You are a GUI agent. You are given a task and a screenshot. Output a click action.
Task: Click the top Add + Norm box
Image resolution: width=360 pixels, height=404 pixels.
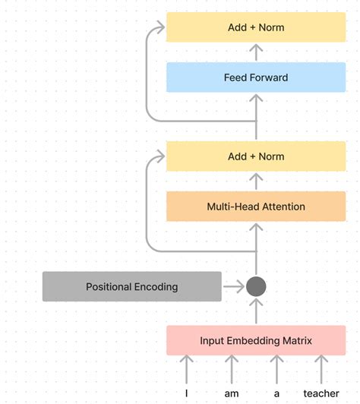point(256,27)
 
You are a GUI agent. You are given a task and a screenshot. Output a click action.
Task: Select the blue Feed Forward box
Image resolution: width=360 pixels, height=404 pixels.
point(256,77)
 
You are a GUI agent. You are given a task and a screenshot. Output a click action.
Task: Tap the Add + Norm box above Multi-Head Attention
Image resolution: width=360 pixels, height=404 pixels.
point(256,156)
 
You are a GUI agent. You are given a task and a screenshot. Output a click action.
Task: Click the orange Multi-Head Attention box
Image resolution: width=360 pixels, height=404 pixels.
point(256,207)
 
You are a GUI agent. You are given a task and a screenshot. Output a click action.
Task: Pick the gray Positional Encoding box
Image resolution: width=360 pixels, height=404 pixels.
point(131,287)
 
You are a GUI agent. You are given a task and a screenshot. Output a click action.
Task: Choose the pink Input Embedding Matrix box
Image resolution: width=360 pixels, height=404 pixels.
point(256,340)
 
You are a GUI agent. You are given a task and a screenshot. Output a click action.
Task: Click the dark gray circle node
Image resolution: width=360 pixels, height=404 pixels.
point(256,287)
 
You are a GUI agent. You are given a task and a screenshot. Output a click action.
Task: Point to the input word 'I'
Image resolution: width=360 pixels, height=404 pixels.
point(186,393)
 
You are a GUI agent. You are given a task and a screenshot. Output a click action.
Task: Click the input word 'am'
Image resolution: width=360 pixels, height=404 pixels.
point(232,393)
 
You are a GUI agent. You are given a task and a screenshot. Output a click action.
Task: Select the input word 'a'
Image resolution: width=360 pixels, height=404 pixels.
point(277,393)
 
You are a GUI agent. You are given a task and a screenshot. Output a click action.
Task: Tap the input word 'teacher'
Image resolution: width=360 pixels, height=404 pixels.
point(321,393)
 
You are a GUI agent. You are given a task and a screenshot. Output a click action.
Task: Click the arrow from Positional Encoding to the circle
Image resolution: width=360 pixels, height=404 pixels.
point(232,287)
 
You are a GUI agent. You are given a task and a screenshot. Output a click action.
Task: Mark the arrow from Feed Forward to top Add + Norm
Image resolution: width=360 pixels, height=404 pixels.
point(256,52)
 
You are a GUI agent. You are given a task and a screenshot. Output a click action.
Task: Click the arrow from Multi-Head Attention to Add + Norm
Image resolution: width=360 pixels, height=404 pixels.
point(256,181)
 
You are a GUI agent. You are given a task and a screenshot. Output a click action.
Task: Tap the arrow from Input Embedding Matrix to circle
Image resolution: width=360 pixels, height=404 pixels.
point(256,312)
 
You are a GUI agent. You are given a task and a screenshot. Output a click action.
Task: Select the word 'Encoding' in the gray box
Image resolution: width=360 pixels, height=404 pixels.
point(155,287)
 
